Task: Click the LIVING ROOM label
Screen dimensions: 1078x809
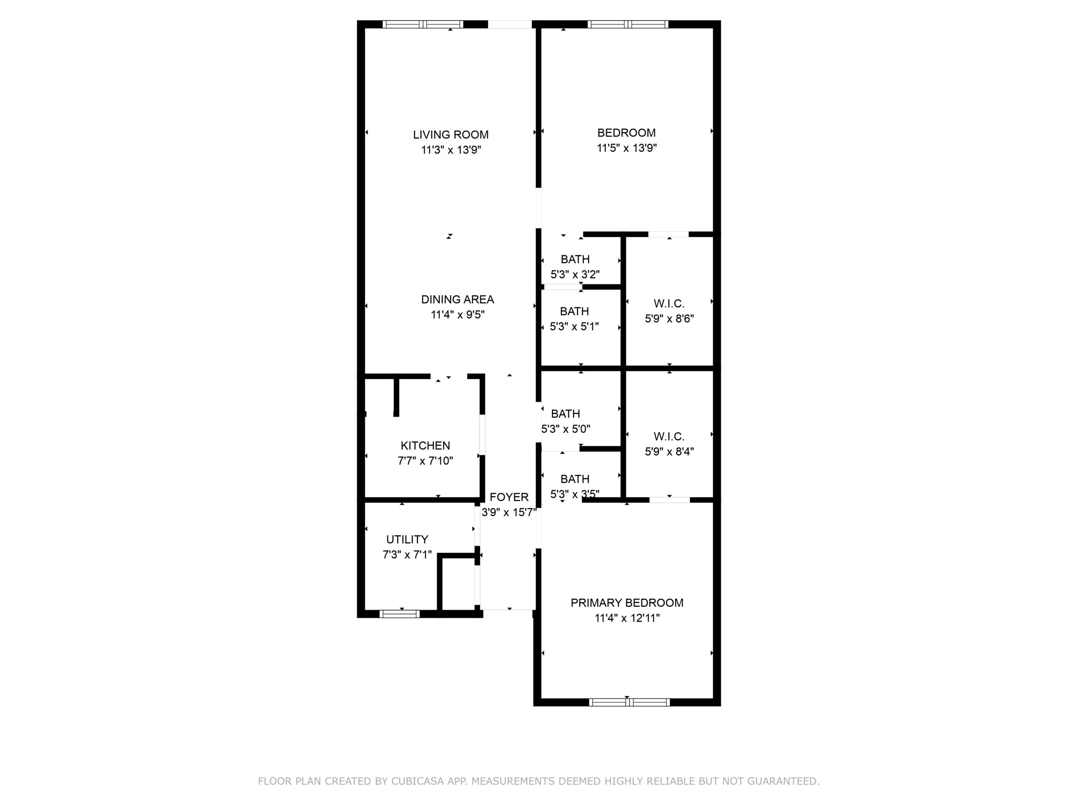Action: click(451, 134)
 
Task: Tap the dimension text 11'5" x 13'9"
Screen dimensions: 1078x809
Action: click(627, 148)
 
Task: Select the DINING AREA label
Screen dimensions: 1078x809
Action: click(458, 300)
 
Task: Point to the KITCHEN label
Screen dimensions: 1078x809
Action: click(425, 445)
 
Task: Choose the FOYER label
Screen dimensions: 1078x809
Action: click(509, 497)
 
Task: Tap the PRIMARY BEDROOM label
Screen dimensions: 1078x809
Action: click(627, 603)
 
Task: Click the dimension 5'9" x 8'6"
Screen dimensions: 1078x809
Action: click(669, 319)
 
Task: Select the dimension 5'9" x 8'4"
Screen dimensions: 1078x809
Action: click(669, 452)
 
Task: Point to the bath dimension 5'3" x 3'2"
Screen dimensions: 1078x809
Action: click(575, 275)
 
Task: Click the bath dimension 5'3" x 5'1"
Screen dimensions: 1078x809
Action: click(574, 327)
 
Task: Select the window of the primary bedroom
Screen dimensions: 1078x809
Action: click(629, 702)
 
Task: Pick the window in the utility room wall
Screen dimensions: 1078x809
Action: click(400, 614)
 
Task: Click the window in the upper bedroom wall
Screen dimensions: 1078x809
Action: click(628, 24)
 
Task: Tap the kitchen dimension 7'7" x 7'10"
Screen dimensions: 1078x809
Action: click(425, 461)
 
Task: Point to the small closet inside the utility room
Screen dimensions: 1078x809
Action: click(458, 583)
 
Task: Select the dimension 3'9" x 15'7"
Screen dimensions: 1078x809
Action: click(509, 512)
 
